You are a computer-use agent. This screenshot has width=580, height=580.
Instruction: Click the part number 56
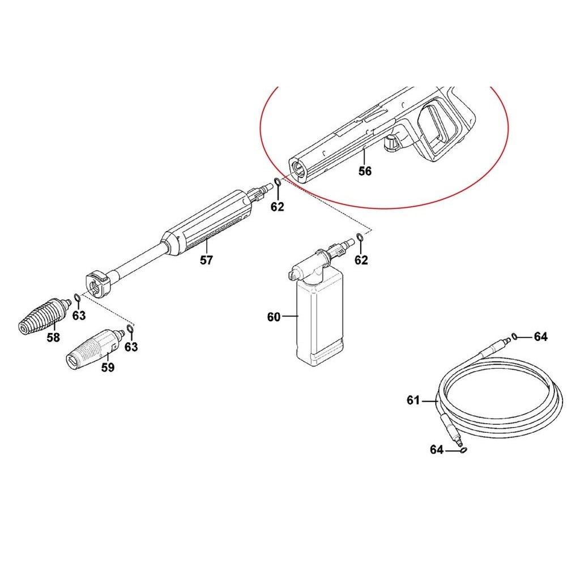pos(365,171)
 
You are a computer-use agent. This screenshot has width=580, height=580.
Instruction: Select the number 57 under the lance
pos(206,261)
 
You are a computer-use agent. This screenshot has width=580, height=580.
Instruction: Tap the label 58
pos(53,338)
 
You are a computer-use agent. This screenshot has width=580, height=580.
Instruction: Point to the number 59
pos(108,367)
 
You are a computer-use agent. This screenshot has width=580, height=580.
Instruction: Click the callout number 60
pos(274,317)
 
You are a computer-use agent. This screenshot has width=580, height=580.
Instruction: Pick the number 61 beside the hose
pos(413,400)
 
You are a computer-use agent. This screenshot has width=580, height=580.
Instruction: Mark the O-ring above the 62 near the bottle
pos(360,236)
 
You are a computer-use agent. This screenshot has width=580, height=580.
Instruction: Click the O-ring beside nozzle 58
pos(77,297)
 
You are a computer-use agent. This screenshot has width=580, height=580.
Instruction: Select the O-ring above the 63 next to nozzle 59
pos(130,329)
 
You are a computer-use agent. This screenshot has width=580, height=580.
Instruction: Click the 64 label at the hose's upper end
pos(540,336)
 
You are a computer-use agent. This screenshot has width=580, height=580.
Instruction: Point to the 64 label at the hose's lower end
pos(437,449)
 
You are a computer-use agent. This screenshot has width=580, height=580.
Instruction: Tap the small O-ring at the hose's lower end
pos(463,450)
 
